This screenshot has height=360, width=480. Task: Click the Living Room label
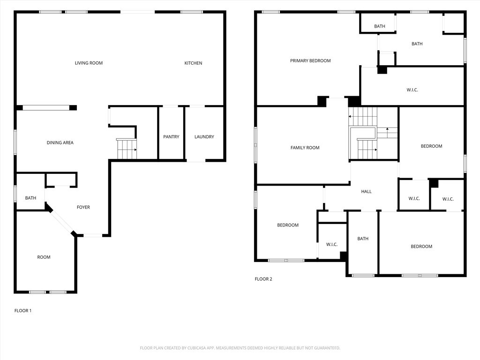89,63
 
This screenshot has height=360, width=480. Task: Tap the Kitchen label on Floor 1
193,63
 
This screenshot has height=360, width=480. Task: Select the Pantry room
171,137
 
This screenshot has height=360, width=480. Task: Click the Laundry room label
204,137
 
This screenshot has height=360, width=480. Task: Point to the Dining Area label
60,142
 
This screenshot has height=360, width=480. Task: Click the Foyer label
83,207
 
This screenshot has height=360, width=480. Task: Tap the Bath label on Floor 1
30,198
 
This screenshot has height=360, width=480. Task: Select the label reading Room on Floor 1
44,257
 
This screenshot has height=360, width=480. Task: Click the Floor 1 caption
23,311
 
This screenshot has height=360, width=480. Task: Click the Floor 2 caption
263,279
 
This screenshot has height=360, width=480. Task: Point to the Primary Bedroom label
310,61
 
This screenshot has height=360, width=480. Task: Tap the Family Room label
305,148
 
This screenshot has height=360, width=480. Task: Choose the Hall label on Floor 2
366,192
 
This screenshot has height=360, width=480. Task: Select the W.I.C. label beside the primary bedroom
412,90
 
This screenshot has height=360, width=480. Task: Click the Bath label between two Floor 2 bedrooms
363,239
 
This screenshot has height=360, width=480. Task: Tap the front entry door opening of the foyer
93,235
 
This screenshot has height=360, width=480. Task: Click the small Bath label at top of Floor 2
380,26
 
